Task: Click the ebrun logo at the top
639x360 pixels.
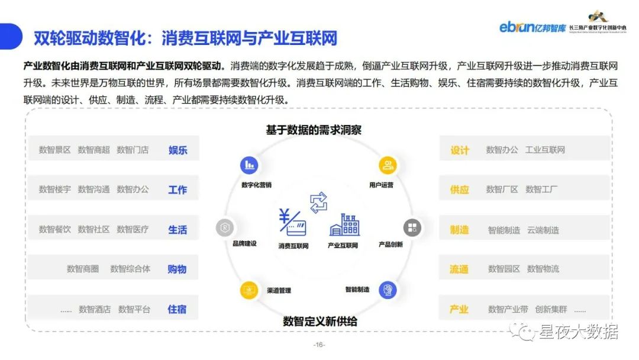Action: (532, 27)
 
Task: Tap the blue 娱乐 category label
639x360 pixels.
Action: (177, 150)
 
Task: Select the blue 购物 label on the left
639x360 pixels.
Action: (177, 269)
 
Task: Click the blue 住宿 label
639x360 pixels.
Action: (177, 308)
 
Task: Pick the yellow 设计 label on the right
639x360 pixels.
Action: (460, 150)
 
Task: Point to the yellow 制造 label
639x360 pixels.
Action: (459, 230)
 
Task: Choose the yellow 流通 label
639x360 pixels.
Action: (459, 269)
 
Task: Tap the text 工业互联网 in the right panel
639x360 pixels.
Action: (545, 150)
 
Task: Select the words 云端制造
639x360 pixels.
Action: (543, 230)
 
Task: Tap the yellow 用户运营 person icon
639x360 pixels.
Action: (387, 165)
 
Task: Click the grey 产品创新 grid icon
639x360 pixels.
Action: (412, 227)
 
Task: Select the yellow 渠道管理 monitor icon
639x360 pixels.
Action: (249, 290)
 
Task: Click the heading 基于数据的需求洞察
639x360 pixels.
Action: (313, 130)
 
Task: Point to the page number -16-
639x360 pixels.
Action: (319, 345)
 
